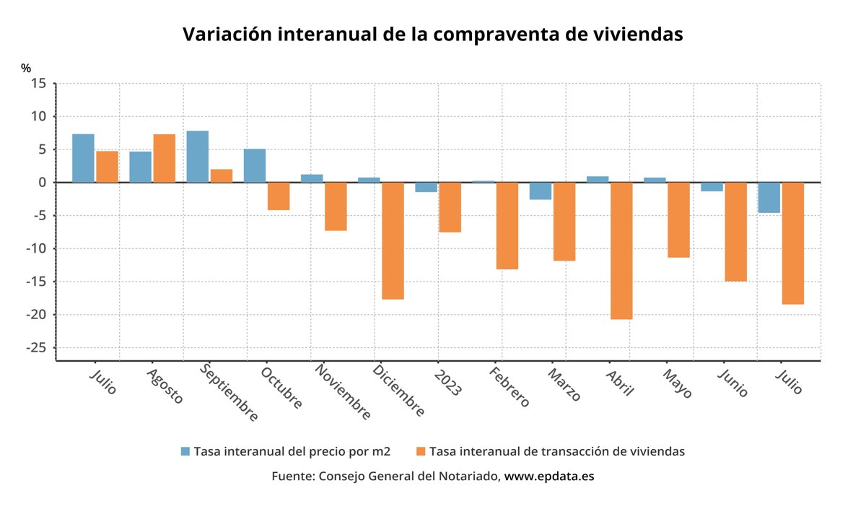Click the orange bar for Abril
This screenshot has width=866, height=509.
pyautogui.click(x=621, y=251)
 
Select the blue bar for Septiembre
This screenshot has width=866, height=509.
pyautogui.click(x=198, y=157)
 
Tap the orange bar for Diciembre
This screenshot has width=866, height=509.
pyautogui.click(x=393, y=240)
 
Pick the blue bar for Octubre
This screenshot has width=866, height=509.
pyautogui.click(x=255, y=165)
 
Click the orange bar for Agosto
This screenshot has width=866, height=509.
pyautogui.click(x=164, y=158)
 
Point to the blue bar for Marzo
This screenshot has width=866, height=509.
pyautogui.click(x=541, y=191)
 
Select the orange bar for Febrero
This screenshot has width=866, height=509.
pyautogui.click(x=507, y=225)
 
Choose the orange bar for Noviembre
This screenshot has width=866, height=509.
pyautogui.click(x=336, y=206)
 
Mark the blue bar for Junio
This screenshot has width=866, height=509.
pyautogui.click(x=712, y=187)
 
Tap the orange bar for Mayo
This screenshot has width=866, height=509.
pyautogui.click(x=678, y=219)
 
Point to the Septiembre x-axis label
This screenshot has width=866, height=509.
pyautogui.click(x=227, y=394)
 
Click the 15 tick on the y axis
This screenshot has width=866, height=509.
pyautogui.click(x=39, y=84)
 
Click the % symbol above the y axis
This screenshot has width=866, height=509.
pyautogui.click(x=26, y=68)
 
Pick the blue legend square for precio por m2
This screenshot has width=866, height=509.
pyautogui.click(x=185, y=451)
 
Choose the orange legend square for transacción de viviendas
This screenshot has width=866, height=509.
pyautogui.click(x=421, y=451)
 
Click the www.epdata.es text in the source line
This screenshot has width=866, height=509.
pyautogui.click(x=549, y=477)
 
